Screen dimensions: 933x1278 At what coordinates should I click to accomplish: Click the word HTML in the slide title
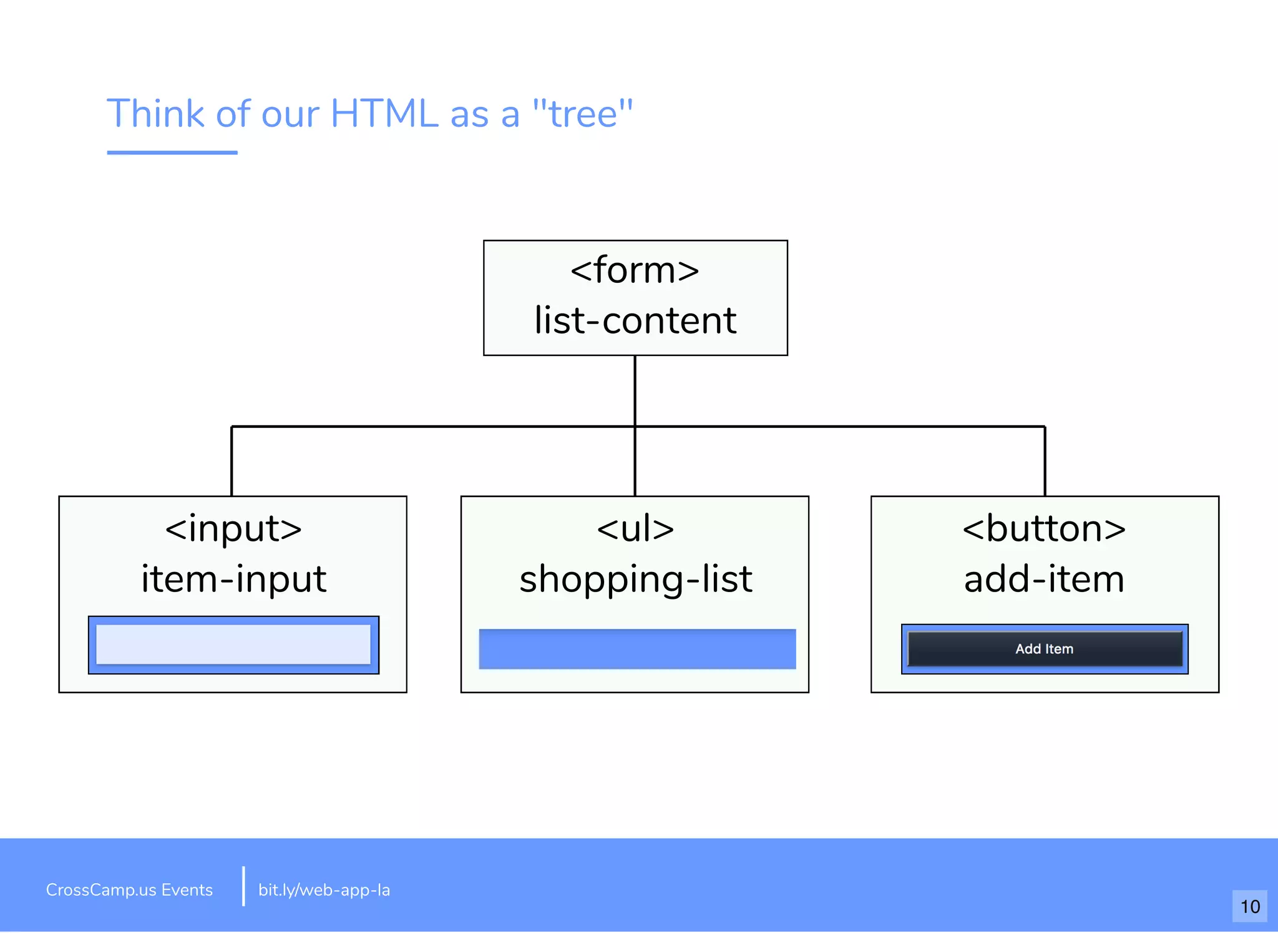384,114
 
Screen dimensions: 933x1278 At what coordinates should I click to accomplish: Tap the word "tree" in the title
582,114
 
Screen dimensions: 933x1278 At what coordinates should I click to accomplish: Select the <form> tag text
635,270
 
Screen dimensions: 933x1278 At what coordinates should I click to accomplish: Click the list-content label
635,320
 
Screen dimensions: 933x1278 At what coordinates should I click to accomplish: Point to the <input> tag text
233,528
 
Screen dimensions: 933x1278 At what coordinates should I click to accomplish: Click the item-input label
233,579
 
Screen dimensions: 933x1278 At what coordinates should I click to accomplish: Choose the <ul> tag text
635,528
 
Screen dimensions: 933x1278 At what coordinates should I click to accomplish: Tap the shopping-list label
635,579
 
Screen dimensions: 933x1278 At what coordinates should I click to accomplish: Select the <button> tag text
1044,528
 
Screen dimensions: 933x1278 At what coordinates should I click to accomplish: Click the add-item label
1044,579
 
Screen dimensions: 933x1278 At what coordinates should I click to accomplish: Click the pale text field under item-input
233,644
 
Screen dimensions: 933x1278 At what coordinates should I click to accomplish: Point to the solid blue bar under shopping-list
637,649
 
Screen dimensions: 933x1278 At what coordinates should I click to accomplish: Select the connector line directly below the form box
635,390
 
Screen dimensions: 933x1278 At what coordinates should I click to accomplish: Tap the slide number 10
1249,906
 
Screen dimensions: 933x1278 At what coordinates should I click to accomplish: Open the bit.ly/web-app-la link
324,890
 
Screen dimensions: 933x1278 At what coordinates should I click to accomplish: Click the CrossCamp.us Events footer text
129,890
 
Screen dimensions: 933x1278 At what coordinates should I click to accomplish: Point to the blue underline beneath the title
172,152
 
